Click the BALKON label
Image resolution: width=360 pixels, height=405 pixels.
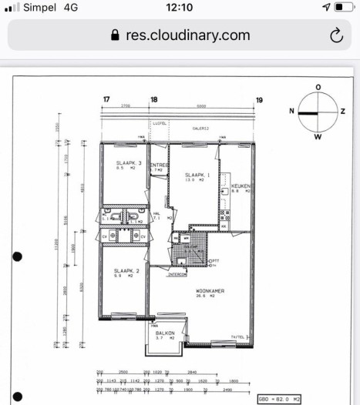165,333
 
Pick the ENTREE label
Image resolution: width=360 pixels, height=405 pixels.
159,165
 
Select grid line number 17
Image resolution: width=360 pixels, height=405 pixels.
106,99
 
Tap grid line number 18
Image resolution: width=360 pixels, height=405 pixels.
153,99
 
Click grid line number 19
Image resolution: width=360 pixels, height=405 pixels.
260,99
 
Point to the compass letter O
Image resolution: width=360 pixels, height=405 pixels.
318,87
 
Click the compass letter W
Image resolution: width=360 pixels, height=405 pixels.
318,136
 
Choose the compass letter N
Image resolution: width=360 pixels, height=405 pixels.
292,112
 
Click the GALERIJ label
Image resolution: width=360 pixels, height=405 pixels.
202,129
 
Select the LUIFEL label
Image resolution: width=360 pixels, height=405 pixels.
161,122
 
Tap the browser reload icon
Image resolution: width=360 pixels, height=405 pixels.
336,35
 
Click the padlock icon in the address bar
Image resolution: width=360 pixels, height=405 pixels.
116,35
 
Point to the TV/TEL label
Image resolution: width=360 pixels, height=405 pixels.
239,336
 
